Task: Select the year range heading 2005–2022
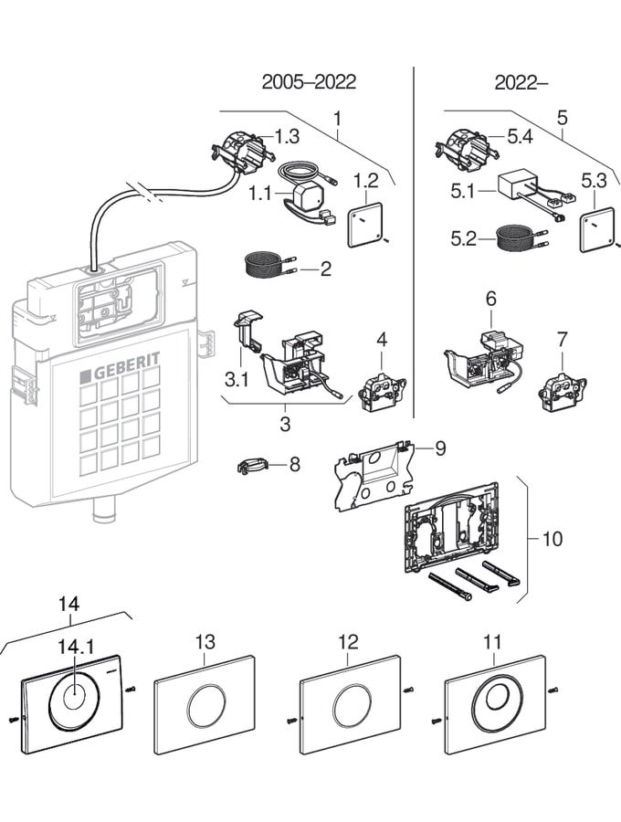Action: pos(309,82)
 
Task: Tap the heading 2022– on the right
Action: pos(521,82)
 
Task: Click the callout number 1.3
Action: pos(287,137)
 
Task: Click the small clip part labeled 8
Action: pos(251,466)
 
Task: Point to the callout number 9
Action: pos(440,448)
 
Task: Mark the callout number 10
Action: pos(553,538)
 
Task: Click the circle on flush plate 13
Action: pos(203,704)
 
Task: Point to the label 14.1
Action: pos(77,647)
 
